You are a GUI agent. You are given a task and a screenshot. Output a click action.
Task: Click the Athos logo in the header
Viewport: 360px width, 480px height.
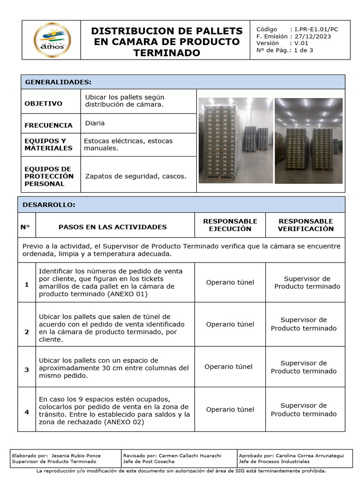coord(52,40)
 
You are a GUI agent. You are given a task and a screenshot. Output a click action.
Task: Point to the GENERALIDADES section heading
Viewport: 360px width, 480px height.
coord(58,82)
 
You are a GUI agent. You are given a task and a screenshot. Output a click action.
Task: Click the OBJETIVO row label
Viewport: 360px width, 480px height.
coord(44,104)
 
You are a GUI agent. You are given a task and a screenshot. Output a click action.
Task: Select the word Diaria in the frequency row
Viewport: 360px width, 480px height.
coord(95,123)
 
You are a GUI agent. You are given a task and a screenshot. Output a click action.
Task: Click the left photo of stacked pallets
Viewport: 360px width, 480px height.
coord(236,140)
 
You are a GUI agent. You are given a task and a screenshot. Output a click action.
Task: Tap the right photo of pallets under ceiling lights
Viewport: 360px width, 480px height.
coord(309,140)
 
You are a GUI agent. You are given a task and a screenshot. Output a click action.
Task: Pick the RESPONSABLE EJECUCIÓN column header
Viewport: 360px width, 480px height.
coord(230,225)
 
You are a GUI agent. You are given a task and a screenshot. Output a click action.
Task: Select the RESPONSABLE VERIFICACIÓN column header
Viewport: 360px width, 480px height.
coord(306,225)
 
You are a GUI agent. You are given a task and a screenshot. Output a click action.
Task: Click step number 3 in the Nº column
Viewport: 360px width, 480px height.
coord(27,370)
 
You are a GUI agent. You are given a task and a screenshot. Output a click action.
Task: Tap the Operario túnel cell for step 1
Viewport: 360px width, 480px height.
coord(230,282)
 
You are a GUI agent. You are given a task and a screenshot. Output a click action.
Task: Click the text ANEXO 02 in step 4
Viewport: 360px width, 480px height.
coord(126,422)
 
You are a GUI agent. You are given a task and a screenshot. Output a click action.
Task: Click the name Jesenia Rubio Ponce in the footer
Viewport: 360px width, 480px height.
coord(75,456)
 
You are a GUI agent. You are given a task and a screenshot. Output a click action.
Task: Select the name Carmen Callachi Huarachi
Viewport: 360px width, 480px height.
coord(190,456)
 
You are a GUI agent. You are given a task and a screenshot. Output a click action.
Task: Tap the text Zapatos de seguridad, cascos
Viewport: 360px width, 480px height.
coord(136,176)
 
